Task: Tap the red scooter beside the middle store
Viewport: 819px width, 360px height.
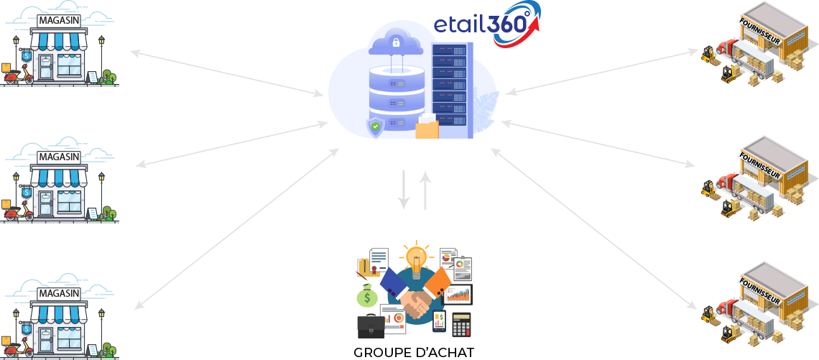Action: [20, 210]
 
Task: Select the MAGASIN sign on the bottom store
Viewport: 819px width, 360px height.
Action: [59, 294]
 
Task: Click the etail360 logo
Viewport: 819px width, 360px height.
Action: [486, 24]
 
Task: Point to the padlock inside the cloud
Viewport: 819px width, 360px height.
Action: [394, 43]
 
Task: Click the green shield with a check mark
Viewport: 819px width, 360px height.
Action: [375, 129]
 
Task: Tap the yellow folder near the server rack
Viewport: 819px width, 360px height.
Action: [427, 128]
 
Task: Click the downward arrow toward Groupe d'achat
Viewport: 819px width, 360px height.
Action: [404, 190]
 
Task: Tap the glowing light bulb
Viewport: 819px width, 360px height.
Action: [415, 257]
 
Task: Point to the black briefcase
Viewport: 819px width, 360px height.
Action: [371, 326]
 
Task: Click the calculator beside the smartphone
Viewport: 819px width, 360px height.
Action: [461, 324]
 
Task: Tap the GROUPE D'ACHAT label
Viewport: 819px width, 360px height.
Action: [414, 353]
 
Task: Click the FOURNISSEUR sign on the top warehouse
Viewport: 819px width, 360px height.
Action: [759, 30]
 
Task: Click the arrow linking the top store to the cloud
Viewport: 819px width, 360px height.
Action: [227, 73]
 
